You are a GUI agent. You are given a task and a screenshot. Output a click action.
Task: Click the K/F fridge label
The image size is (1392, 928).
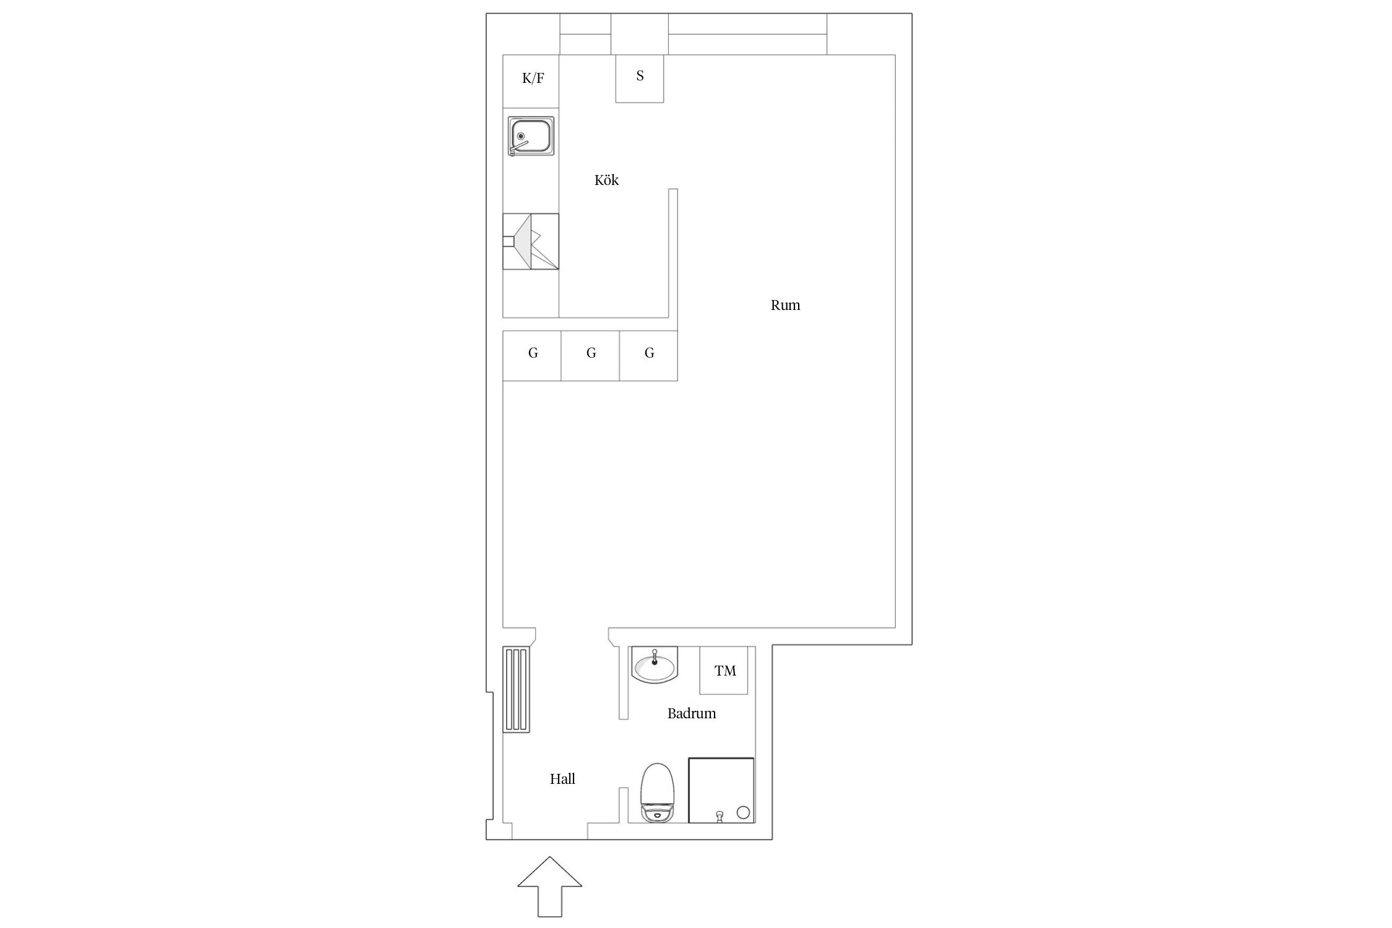point(533,79)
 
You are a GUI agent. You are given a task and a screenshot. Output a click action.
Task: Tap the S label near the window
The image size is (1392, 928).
point(640,76)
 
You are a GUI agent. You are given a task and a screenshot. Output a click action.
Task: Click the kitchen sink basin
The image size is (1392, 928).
point(531,136)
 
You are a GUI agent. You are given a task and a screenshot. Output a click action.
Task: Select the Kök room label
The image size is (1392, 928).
point(606,180)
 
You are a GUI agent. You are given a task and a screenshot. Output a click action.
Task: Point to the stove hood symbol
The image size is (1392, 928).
point(531,241)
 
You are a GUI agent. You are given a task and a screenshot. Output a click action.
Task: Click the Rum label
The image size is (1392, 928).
point(785,305)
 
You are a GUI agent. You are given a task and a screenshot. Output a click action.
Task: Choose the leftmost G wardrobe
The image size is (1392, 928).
point(532,356)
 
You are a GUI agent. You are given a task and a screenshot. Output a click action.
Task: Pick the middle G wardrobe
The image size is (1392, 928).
point(590,356)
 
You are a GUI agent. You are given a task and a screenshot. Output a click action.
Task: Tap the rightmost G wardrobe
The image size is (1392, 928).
point(648,356)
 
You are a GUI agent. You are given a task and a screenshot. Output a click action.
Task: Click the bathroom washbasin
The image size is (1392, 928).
point(655,666)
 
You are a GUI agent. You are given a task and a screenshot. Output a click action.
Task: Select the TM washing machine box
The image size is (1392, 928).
point(724,671)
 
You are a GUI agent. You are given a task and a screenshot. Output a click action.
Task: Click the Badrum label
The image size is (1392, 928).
point(692,713)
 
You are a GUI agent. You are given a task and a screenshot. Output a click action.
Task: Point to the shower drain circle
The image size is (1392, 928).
point(744,812)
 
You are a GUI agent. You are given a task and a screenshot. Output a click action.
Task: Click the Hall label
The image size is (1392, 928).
point(562,779)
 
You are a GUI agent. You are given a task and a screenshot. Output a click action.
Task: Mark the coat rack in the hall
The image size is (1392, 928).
point(516,690)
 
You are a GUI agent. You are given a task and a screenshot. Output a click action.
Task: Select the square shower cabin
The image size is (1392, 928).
point(721,791)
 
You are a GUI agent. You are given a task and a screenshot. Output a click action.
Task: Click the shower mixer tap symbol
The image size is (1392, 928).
point(718,817)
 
